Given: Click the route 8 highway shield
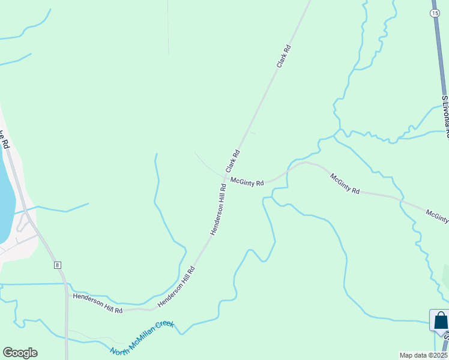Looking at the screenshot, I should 57,265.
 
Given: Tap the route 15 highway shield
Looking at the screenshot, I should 436,12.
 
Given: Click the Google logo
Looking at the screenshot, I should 20,353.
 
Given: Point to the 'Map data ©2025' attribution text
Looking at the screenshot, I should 423,355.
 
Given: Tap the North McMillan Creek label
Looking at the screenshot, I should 142,338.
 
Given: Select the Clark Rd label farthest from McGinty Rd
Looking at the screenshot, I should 284,63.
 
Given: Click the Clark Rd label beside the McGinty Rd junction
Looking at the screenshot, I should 233,161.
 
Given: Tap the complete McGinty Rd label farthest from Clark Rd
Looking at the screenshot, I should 345,183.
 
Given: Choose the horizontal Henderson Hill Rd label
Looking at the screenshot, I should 98,303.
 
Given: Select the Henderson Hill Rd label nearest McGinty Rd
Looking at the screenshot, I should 218,209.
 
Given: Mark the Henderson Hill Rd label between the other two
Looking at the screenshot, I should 176,288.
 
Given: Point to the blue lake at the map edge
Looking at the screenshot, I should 5,198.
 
